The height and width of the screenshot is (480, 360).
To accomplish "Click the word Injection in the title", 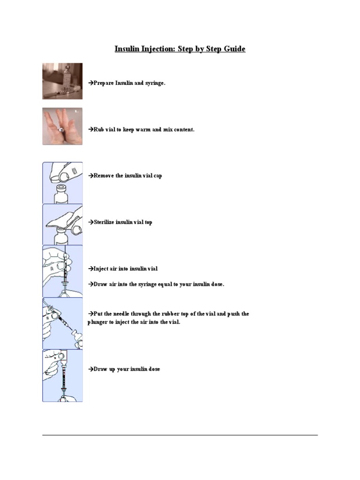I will tap(156, 49).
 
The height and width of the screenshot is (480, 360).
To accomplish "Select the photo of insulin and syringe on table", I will tap(62, 81).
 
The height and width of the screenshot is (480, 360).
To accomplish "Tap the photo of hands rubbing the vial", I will tap(62, 126).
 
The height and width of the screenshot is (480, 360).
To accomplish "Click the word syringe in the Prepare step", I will tap(155, 83).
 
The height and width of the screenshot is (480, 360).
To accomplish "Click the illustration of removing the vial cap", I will tap(62, 183).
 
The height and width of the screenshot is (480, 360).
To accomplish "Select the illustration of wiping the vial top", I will tap(62, 224).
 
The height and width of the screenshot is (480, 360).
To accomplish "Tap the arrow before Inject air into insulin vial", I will tap(90, 269).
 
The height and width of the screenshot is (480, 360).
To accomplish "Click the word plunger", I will tap(97, 322).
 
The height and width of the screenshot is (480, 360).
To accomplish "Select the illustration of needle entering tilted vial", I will tap(62, 323).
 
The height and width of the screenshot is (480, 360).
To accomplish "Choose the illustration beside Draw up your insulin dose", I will tap(62, 375).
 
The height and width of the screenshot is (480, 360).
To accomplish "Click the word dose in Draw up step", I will tap(154, 369).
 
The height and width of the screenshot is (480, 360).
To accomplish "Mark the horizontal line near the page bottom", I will tap(180, 435).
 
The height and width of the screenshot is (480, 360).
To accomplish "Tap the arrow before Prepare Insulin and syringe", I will tap(90, 83).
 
